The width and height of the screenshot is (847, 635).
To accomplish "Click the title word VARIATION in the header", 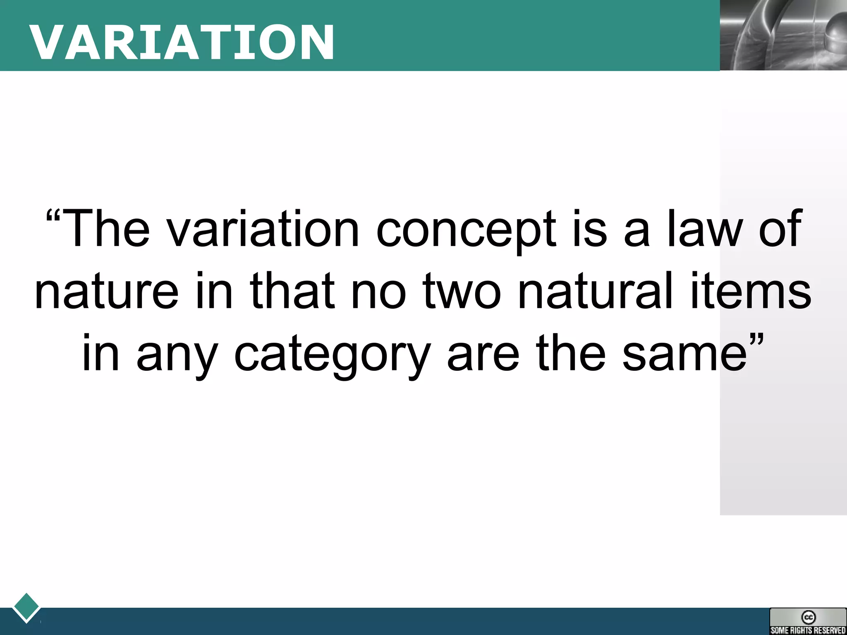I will pyautogui.click(x=182, y=42).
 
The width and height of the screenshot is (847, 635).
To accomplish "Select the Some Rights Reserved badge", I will pyautogui.click(x=808, y=621).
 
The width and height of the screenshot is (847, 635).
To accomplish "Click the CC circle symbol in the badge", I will pyautogui.click(x=808, y=617).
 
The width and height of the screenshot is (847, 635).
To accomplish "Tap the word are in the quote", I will pyautogui.click(x=483, y=354).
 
